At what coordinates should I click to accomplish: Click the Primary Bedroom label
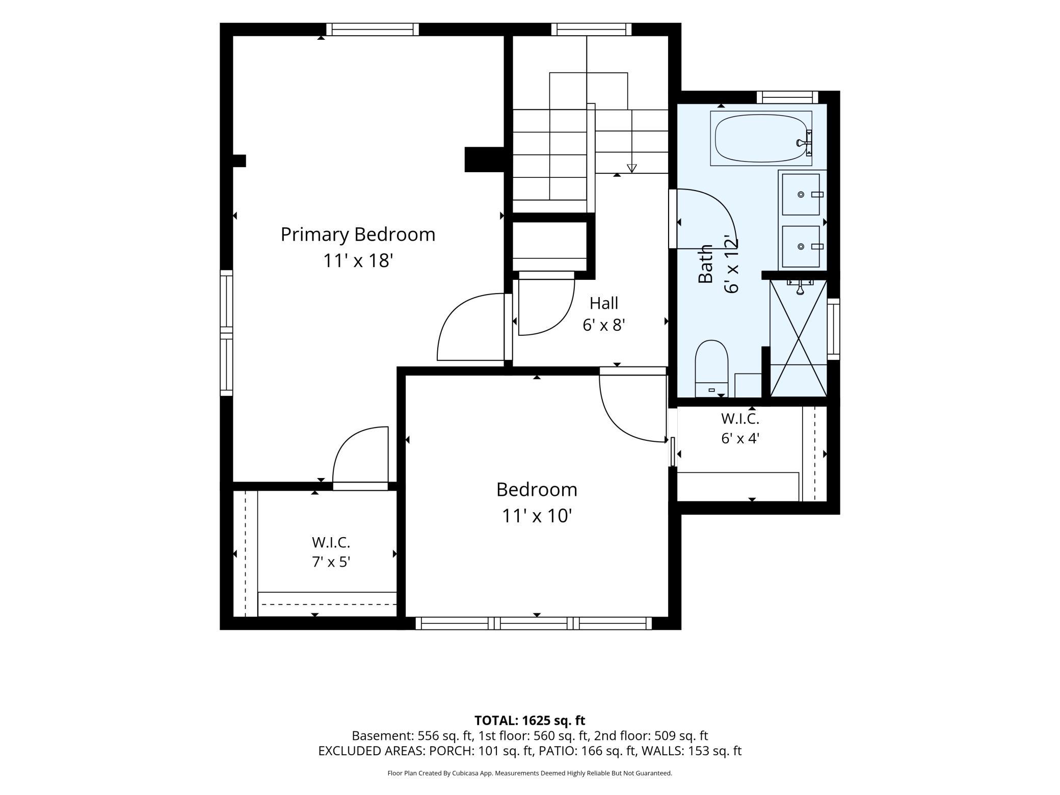pos(358,234)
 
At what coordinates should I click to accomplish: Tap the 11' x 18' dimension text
pos(358,261)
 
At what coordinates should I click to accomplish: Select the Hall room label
pos(604,303)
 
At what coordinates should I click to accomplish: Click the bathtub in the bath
pos(761,138)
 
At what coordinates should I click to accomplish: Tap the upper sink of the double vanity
pos(801,194)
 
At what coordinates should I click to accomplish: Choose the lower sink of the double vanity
pos(801,247)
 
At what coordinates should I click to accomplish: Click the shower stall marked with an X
pos(798,338)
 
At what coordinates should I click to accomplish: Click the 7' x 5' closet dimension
pos(331,562)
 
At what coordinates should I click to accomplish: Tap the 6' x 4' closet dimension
pos(740,438)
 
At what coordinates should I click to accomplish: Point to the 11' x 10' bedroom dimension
pos(537,516)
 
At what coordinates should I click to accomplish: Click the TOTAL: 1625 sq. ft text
pos(530,721)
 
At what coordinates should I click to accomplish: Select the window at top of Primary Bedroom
pos(373,30)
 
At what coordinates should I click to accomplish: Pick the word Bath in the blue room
pos(705,264)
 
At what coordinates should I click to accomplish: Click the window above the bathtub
pos(787,97)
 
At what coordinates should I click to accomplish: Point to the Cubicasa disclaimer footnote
pos(530,773)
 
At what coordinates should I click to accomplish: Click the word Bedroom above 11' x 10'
pos(537,490)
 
